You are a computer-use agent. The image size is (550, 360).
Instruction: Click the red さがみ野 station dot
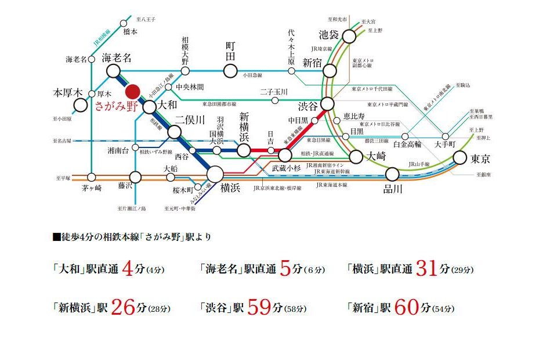pyautogui.click(x=133, y=92)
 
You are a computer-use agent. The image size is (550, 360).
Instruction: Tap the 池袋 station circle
pyautogui.click(x=349, y=37)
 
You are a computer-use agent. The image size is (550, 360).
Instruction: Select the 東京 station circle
pyautogui.click(x=460, y=157)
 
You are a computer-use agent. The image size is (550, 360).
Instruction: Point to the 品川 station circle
pyautogui.click(x=392, y=174)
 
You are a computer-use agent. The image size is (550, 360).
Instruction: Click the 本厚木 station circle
pyautogui.click(x=81, y=106)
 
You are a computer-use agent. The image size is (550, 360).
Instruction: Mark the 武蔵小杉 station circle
pyautogui.click(x=284, y=155)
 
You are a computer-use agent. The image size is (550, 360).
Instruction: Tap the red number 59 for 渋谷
pyautogui.click(x=259, y=307)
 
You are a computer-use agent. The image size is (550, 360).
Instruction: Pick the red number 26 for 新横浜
pyautogui.click(x=122, y=307)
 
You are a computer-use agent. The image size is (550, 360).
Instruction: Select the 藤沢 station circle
pyautogui.click(x=136, y=177)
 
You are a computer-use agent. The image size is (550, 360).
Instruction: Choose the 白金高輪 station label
pyautogui.click(x=407, y=143)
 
